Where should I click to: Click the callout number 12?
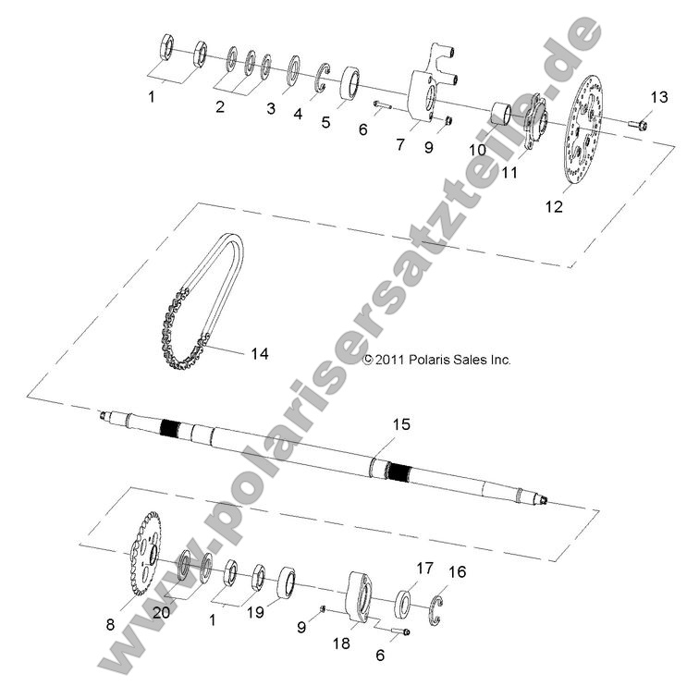[x=580, y=207]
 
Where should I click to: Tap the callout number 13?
[x=657, y=97]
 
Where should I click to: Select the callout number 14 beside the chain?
[x=259, y=353]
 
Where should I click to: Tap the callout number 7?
[x=399, y=145]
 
